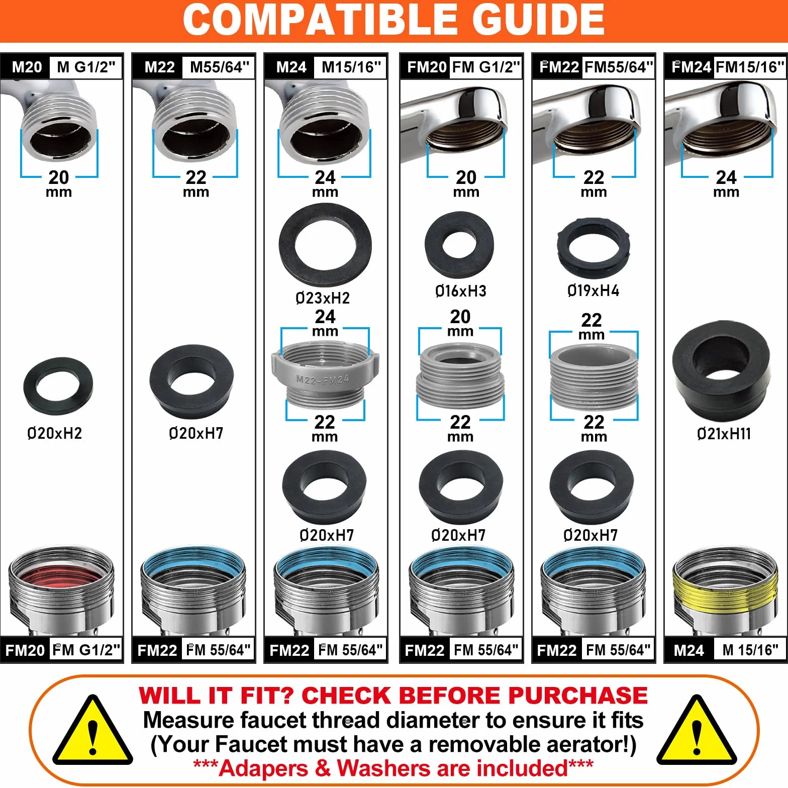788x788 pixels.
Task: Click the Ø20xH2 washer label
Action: [x=54, y=433]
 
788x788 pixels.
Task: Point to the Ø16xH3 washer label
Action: [x=461, y=290]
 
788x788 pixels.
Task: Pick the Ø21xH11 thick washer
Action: [x=721, y=372]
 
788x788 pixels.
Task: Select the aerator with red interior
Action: [x=61, y=591]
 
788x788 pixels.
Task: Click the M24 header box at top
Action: [x=291, y=67]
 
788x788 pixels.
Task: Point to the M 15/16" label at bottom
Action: [x=750, y=650]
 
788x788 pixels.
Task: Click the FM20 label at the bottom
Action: [x=25, y=650]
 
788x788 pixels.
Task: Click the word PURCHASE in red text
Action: [x=578, y=696]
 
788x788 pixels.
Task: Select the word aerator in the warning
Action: [x=530, y=744]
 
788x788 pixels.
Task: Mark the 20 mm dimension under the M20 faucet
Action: [x=59, y=183]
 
